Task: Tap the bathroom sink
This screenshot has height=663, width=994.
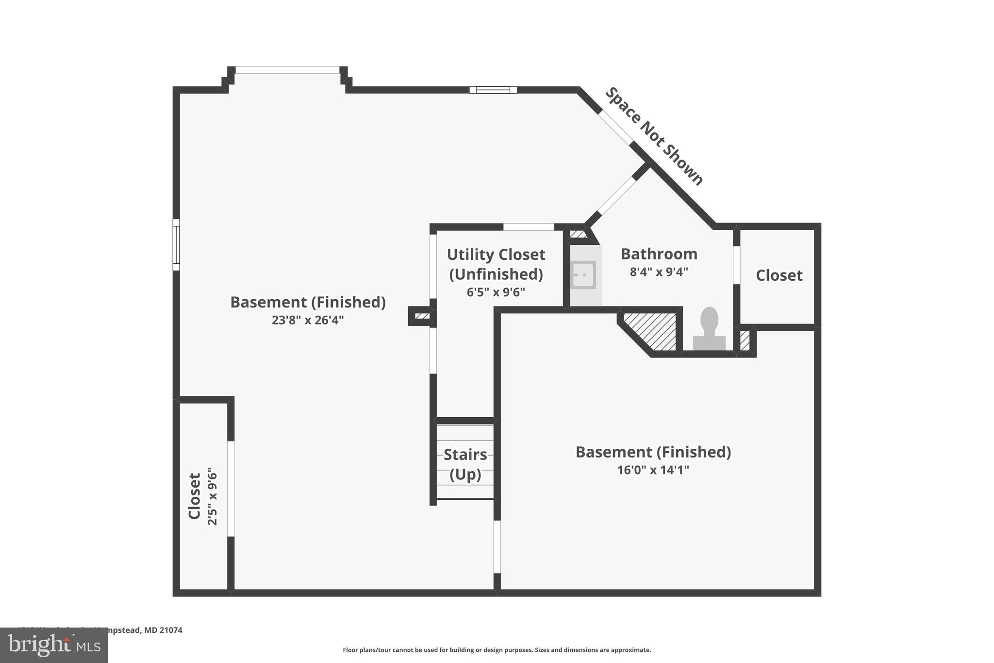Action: [583, 275]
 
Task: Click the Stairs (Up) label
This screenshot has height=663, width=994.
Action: [465, 464]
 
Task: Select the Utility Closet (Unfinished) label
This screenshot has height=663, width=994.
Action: [496, 264]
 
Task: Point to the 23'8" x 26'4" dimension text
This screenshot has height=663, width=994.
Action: [308, 320]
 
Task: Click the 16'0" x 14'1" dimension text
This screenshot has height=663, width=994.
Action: [653, 470]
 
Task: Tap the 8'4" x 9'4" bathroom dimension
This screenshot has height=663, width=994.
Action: [659, 272]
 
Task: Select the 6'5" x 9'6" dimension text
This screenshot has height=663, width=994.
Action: [496, 292]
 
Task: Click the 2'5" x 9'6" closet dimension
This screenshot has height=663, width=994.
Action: [213, 496]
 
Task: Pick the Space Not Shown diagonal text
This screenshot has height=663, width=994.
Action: [654, 136]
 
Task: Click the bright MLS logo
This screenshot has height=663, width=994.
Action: [54, 645]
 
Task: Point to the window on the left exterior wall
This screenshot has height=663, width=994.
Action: [176, 244]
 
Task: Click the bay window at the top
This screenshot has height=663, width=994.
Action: [287, 70]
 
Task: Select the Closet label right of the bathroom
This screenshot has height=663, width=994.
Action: [779, 275]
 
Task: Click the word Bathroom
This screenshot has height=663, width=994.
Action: [659, 254]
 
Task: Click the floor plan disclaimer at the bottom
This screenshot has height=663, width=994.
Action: [497, 650]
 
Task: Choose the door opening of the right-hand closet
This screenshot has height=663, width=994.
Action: [736, 265]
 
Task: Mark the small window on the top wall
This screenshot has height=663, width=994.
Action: [493, 90]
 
